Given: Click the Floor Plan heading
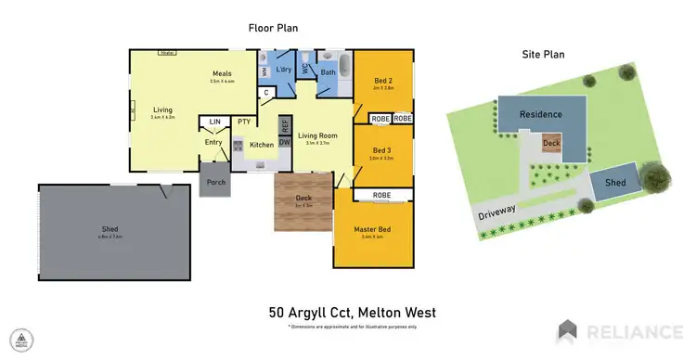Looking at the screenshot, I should (273, 28).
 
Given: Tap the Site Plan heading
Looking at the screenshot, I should (543, 54).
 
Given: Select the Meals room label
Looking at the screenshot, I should (221, 73).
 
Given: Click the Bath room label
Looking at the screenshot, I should (328, 71).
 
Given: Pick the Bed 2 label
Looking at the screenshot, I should (382, 81).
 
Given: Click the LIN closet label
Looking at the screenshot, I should (214, 122).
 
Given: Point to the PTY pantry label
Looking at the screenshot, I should (243, 122).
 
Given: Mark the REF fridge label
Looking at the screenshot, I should (285, 123).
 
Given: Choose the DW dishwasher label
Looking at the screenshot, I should (285, 142).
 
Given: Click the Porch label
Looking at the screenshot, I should (216, 182).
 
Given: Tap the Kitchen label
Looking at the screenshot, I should (261, 145).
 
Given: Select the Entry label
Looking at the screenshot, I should (213, 142).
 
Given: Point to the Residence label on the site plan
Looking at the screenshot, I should (540, 114).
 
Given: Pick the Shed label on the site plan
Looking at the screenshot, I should (615, 183).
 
